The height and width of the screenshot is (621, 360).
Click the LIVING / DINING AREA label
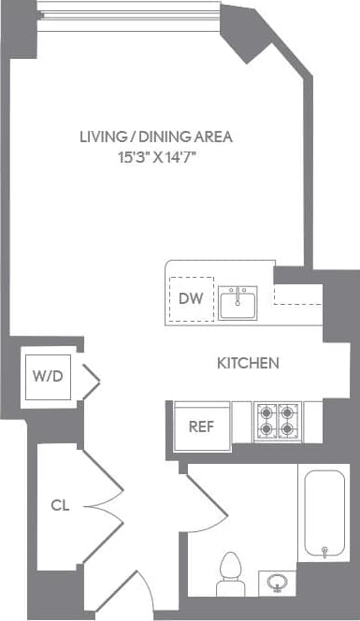(155, 137)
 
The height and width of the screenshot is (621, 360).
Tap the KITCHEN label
(247, 363)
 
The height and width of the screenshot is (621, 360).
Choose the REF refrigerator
(202, 426)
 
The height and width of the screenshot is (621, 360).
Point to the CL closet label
(60, 506)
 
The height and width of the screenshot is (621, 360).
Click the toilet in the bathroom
(230, 571)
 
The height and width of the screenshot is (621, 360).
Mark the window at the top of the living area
(130, 13)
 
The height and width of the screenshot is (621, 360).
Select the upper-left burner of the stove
(266, 412)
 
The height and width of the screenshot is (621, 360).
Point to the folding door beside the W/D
(90, 379)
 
